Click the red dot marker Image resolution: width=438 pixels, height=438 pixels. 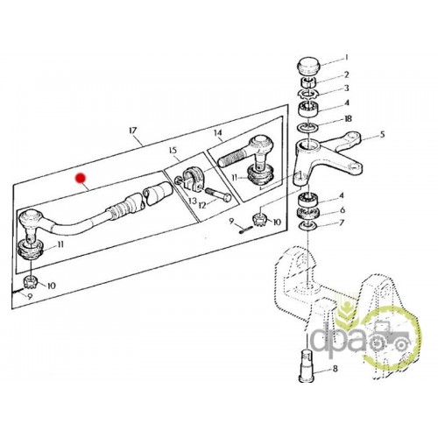coord(81,178)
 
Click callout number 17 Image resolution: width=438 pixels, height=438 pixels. coord(133,131)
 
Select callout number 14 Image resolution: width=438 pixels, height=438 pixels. coord(218,133)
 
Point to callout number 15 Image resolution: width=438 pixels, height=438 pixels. coord(173,151)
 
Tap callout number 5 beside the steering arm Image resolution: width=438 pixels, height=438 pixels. coord(382,135)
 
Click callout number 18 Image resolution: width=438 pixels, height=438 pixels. coord(348,119)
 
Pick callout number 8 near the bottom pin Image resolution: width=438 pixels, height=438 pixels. coord(335,369)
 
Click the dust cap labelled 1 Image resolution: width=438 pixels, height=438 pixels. coord(309,67)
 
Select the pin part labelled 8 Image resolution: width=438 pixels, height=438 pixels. coord(307,366)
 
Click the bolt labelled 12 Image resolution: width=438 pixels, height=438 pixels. coord(218,194)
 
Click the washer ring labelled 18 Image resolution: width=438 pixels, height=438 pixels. coord(308,127)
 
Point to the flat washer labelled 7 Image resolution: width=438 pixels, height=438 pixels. coord(308,225)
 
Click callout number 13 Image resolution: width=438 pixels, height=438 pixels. coord(193,201)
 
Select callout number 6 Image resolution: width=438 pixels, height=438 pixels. coord(342,209)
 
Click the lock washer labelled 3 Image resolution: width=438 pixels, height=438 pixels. coord(308,94)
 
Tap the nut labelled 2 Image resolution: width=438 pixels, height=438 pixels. coord(308,83)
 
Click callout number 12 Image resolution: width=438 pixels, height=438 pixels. coord(203,205)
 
